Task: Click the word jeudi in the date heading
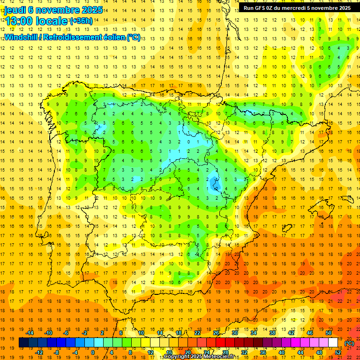pos(16,10)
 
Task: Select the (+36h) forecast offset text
pos(81,21)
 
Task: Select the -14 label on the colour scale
pos(30,332)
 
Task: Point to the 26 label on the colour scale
pos(216,332)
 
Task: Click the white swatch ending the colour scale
pos(333,343)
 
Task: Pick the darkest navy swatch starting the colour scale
pos(23,343)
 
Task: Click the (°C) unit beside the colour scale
pos(349,343)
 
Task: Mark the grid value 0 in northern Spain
pos(188,141)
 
